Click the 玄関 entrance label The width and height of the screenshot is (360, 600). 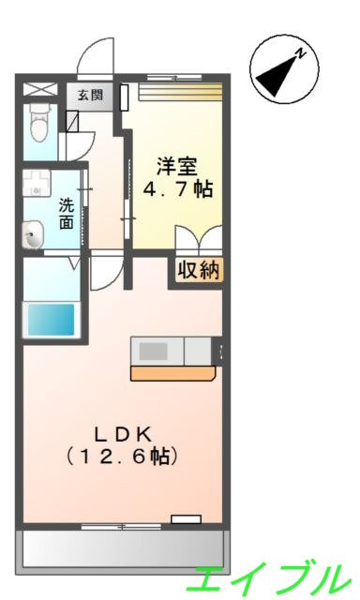(91, 94)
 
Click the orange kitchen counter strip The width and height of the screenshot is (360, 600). (173, 373)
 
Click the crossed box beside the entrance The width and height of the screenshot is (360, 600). (41, 91)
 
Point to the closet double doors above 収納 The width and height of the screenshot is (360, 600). (198, 240)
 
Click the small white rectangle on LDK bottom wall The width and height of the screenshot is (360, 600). (186, 517)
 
